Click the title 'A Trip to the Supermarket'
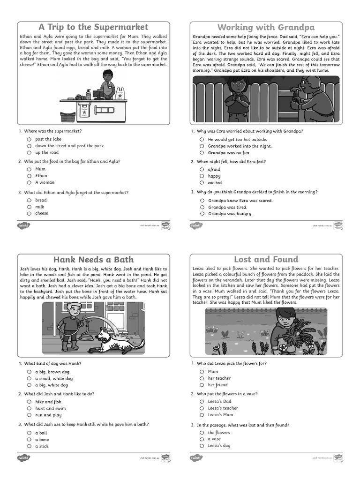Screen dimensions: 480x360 pos(93,27)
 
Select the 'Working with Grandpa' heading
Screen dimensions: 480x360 pos(266,27)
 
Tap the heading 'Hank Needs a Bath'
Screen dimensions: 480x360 pos(93,259)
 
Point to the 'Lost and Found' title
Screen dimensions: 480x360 pos(266,259)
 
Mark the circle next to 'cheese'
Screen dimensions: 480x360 pos(29,213)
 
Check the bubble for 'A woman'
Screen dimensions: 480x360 pos(29,182)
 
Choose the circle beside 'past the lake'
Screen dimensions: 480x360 pos(29,139)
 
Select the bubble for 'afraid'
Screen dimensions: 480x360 pos(202,170)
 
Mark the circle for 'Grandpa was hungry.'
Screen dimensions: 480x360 pos(202,214)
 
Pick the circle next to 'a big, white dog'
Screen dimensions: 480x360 pos(29,385)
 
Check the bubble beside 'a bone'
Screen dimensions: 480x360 pos(29,440)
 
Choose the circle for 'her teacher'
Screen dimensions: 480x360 pos(202,378)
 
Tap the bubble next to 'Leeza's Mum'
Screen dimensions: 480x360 pos(202,415)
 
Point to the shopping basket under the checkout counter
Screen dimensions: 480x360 pos(68,116)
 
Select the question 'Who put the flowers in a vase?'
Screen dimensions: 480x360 pos(227,394)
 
